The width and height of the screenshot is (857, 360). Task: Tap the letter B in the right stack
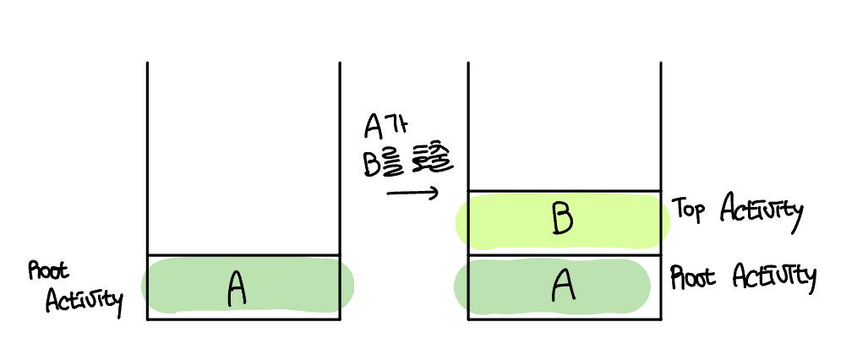[x=562, y=219]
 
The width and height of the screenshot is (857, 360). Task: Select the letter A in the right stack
[x=563, y=286]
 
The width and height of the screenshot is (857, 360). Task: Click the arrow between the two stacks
[x=413, y=194]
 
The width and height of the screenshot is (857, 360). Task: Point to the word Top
[x=689, y=210]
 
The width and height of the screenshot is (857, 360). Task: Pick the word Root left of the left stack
[x=48, y=270]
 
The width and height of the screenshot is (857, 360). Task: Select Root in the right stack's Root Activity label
[x=690, y=277]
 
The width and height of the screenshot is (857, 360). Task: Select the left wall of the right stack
[x=468, y=127]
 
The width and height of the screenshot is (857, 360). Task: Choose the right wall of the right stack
[x=660, y=127]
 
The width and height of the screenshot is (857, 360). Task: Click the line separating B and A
[x=564, y=254]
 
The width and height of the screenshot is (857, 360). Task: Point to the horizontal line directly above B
[x=564, y=192]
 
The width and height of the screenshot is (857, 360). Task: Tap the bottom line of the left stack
[x=243, y=319]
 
